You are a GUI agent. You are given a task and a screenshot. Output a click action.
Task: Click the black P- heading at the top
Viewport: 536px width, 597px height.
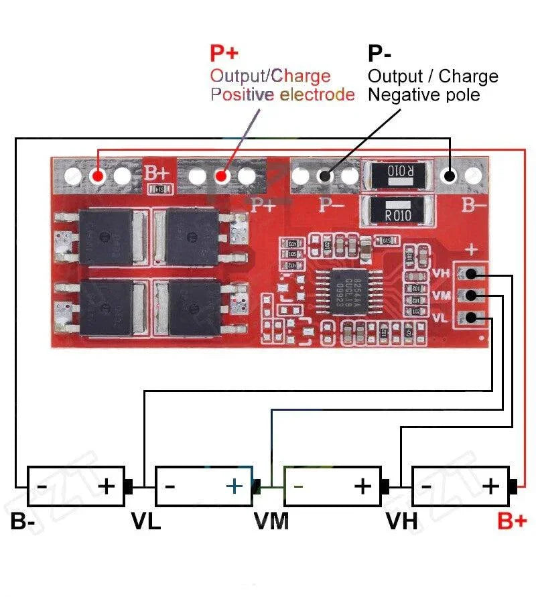(x=379, y=54)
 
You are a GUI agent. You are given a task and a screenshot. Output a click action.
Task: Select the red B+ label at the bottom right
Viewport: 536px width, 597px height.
(x=512, y=521)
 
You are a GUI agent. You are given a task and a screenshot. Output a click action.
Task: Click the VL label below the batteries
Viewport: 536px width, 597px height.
(x=145, y=521)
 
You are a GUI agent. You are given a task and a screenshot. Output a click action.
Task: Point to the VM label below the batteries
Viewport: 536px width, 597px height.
(x=271, y=521)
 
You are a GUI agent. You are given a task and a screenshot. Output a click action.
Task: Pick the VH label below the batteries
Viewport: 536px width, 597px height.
(x=401, y=521)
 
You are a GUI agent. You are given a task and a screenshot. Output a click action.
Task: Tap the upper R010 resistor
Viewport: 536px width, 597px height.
(x=399, y=172)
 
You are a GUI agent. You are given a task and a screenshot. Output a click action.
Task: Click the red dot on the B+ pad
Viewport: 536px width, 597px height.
(x=98, y=176)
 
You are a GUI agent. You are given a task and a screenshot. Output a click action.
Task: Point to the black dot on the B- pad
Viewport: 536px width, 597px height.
(x=450, y=176)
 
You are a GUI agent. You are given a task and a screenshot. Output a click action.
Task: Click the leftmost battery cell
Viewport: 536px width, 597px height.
(x=75, y=486)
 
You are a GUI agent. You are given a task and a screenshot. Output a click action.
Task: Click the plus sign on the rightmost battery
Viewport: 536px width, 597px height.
(x=491, y=485)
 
